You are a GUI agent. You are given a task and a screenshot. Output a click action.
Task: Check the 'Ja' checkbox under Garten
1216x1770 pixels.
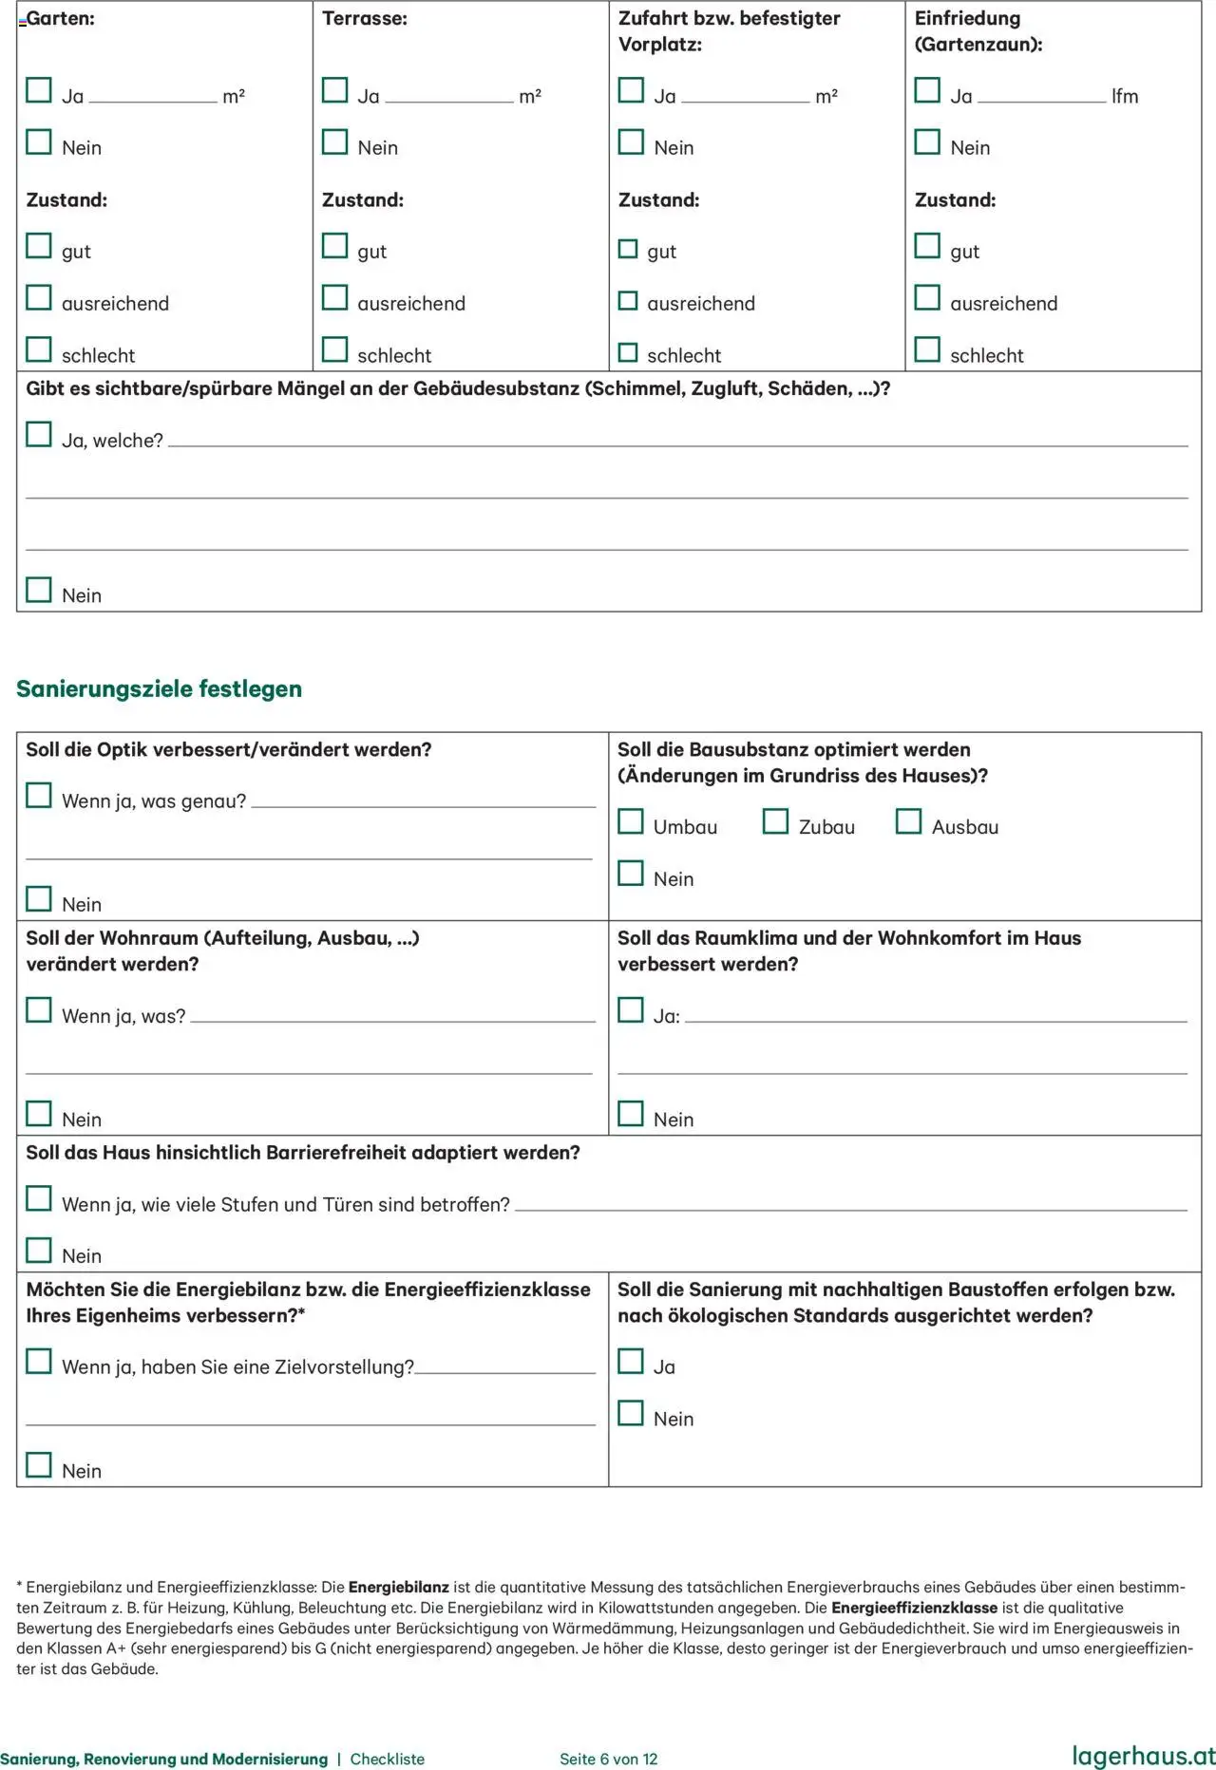coord(39,90)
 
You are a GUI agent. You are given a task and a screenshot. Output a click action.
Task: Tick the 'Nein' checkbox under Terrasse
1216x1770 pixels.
coord(334,141)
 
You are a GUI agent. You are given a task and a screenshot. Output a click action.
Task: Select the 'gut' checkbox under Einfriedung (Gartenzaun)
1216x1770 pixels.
coord(927,246)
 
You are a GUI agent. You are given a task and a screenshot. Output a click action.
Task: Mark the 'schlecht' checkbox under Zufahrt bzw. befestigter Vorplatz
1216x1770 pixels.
coord(628,352)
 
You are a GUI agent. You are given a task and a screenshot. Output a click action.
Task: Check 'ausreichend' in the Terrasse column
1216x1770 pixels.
coord(334,298)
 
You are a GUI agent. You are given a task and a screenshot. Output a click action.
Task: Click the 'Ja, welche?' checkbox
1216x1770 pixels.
coord(39,434)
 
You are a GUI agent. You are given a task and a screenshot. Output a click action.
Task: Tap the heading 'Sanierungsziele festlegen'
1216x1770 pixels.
coord(159,688)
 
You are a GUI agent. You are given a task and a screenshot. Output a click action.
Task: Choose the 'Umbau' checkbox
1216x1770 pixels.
coord(631,821)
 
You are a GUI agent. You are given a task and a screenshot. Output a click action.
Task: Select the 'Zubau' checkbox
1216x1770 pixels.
coord(775,821)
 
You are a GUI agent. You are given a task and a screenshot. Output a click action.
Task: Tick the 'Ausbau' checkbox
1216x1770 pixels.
coord(908,821)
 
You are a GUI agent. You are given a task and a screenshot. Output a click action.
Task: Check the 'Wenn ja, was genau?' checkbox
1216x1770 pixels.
coord(39,795)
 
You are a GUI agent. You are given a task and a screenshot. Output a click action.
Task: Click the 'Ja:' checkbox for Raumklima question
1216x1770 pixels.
coord(631,1009)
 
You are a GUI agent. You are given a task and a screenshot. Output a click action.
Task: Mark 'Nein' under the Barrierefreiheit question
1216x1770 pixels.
coord(39,1250)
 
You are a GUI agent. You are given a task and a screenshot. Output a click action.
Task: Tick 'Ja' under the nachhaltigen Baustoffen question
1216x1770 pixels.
coord(631,1361)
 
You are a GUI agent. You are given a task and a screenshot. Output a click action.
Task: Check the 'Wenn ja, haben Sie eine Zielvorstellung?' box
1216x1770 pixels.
coord(39,1361)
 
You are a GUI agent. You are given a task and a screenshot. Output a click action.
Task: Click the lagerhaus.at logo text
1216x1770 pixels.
coord(1143,1756)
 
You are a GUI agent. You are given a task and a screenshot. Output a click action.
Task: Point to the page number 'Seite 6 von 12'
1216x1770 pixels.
coord(608,1759)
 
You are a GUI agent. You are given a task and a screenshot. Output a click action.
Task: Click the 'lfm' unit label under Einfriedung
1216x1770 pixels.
coord(1125,96)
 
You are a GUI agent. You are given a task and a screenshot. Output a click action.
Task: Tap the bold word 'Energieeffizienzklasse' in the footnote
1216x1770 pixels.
coord(914,1608)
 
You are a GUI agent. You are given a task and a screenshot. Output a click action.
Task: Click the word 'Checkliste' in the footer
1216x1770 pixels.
coord(387,1759)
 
